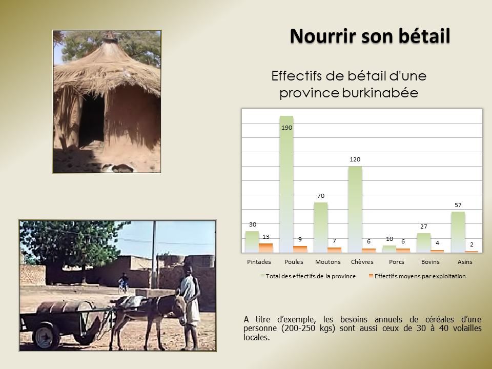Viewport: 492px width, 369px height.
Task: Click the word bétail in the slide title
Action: tap(424, 36)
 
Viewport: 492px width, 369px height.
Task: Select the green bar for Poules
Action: tap(286, 184)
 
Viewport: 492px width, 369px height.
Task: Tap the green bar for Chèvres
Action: tap(355, 209)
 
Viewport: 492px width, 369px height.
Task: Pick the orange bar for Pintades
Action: tap(266, 248)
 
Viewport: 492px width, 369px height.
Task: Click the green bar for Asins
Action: tap(458, 232)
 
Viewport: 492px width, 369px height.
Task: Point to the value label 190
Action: tap(287, 128)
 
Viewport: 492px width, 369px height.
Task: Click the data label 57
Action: tap(458, 205)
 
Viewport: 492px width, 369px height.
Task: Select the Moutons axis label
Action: tap(328, 262)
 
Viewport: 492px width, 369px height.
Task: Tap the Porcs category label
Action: tap(396, 262)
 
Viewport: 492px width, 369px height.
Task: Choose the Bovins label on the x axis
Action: tap(430, 262)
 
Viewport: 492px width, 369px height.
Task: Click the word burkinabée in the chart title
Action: tap(380, 93)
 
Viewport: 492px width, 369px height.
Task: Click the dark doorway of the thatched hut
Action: tap(91, 121)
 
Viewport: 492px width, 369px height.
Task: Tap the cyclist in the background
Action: tap(124, 282)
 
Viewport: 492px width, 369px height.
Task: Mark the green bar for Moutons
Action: tap(321, 228)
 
